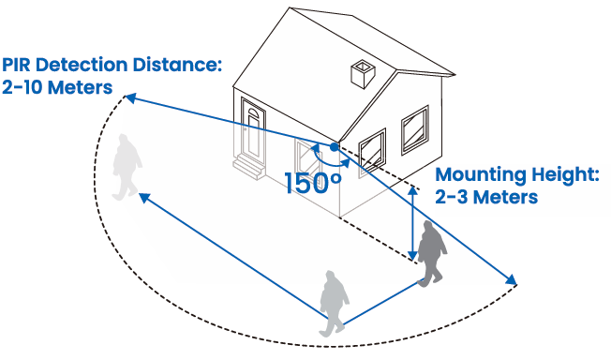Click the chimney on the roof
[363, 74]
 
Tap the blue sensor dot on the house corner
[335, 147]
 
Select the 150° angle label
[313, 183]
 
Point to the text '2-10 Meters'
[57, 87]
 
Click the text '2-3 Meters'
[486, 197]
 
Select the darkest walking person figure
[431, 252]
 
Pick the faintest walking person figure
[127, 167]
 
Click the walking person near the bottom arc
[334, 303]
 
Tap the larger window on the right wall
[415, 129]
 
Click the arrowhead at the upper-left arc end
[130, 98]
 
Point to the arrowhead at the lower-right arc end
[511, 279]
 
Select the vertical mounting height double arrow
[412, 223]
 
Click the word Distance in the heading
[177, 65]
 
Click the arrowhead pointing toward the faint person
[144, 198]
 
